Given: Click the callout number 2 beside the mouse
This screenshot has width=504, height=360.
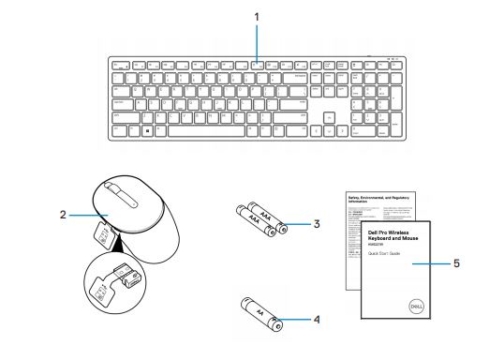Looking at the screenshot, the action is click(x=63, y=215).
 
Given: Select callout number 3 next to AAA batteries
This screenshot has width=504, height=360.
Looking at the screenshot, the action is click(x=318, y=224).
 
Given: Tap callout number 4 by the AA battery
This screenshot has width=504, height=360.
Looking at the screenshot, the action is click(x=318, y=319).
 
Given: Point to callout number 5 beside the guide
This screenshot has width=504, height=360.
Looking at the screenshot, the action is click(x=456, y=263).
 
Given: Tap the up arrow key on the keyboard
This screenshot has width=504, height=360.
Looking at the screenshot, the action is click(x=329, y=119).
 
